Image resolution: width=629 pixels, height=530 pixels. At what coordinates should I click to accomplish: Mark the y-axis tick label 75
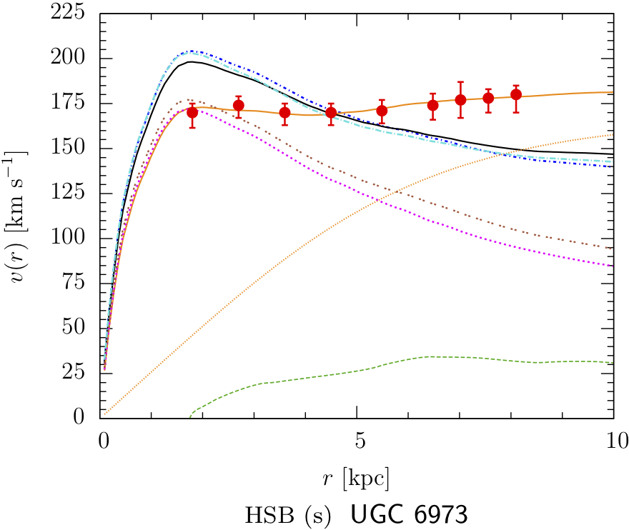(79, 284)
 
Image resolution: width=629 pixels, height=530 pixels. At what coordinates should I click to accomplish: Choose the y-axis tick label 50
(79, 329)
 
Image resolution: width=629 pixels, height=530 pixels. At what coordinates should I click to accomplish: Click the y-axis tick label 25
(79, 374)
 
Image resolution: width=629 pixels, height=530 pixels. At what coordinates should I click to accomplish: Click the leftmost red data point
(192, 113)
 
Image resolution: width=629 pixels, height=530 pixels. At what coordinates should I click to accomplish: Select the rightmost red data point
(516, 94)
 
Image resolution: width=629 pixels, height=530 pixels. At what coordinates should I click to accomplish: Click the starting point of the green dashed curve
(190, 416)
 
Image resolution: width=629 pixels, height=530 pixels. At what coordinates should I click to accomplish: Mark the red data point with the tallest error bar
(460, 99)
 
